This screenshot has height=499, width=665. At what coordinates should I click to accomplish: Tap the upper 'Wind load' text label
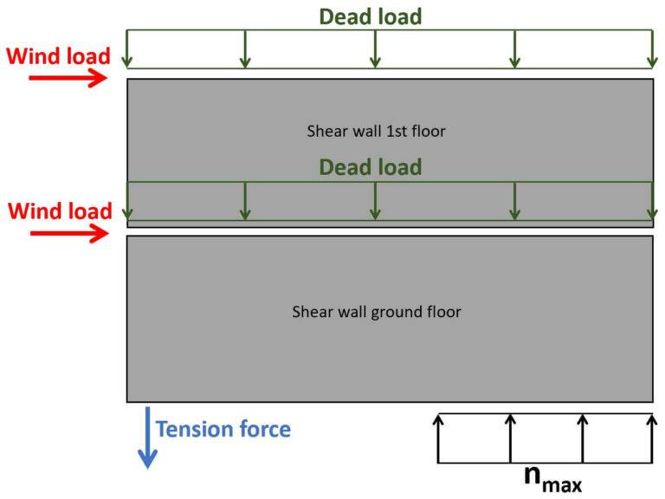click(58, 56)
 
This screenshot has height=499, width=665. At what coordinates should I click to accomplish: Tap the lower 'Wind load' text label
click(59, 211)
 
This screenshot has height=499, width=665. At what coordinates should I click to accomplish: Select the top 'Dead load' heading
click(370, 16)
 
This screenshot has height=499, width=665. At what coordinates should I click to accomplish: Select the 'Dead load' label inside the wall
click(370, 167)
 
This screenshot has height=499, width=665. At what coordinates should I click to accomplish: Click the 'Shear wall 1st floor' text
click(376, 132)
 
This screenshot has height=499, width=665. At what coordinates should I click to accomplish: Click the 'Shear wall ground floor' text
click(376, 312)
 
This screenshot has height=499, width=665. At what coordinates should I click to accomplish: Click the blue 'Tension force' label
click(223, 428)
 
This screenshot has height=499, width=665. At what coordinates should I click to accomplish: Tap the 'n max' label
click(552, 477)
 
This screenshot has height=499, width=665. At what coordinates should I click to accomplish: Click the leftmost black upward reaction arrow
click(439, 438)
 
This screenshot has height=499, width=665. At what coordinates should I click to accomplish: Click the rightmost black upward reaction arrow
click(653, 438)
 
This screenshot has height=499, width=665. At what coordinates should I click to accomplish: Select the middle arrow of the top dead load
click(375, 49)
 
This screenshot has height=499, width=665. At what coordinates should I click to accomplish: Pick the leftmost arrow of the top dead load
click(128, 49)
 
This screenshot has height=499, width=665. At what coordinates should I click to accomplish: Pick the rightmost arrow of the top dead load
click(653, 49)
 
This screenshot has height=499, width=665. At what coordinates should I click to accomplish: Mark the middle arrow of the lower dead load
click(375, 201)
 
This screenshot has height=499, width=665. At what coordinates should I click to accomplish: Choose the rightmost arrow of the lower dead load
click(653, 201)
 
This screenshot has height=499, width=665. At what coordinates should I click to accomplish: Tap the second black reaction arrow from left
click(511, 438)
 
